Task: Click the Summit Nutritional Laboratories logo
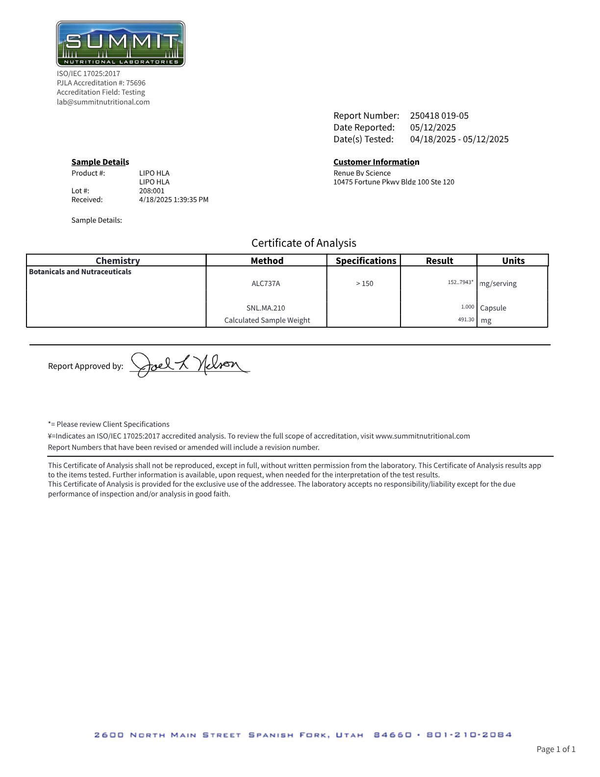coord(121,44)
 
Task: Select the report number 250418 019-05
coord(439,116)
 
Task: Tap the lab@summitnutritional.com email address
coord(103,102)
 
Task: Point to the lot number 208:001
coord(152,191)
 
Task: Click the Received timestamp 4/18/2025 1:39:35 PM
coord(174,200)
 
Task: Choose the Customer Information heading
coord(376,162)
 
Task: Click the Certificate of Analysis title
coord(303,243)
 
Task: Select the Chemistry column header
coord(118,260)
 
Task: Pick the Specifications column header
coord(366,260)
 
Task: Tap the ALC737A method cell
coord(266,284)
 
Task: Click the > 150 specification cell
coord(364,284)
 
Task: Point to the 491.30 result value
coord(466,319)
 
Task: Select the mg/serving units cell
coord(498,284)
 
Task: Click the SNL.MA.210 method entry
coord(266,308)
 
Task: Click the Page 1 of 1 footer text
coord(556,749)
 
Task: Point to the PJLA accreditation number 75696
coord(136,83)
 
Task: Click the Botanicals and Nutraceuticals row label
coord(80,272)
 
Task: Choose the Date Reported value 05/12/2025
coord(433,128)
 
